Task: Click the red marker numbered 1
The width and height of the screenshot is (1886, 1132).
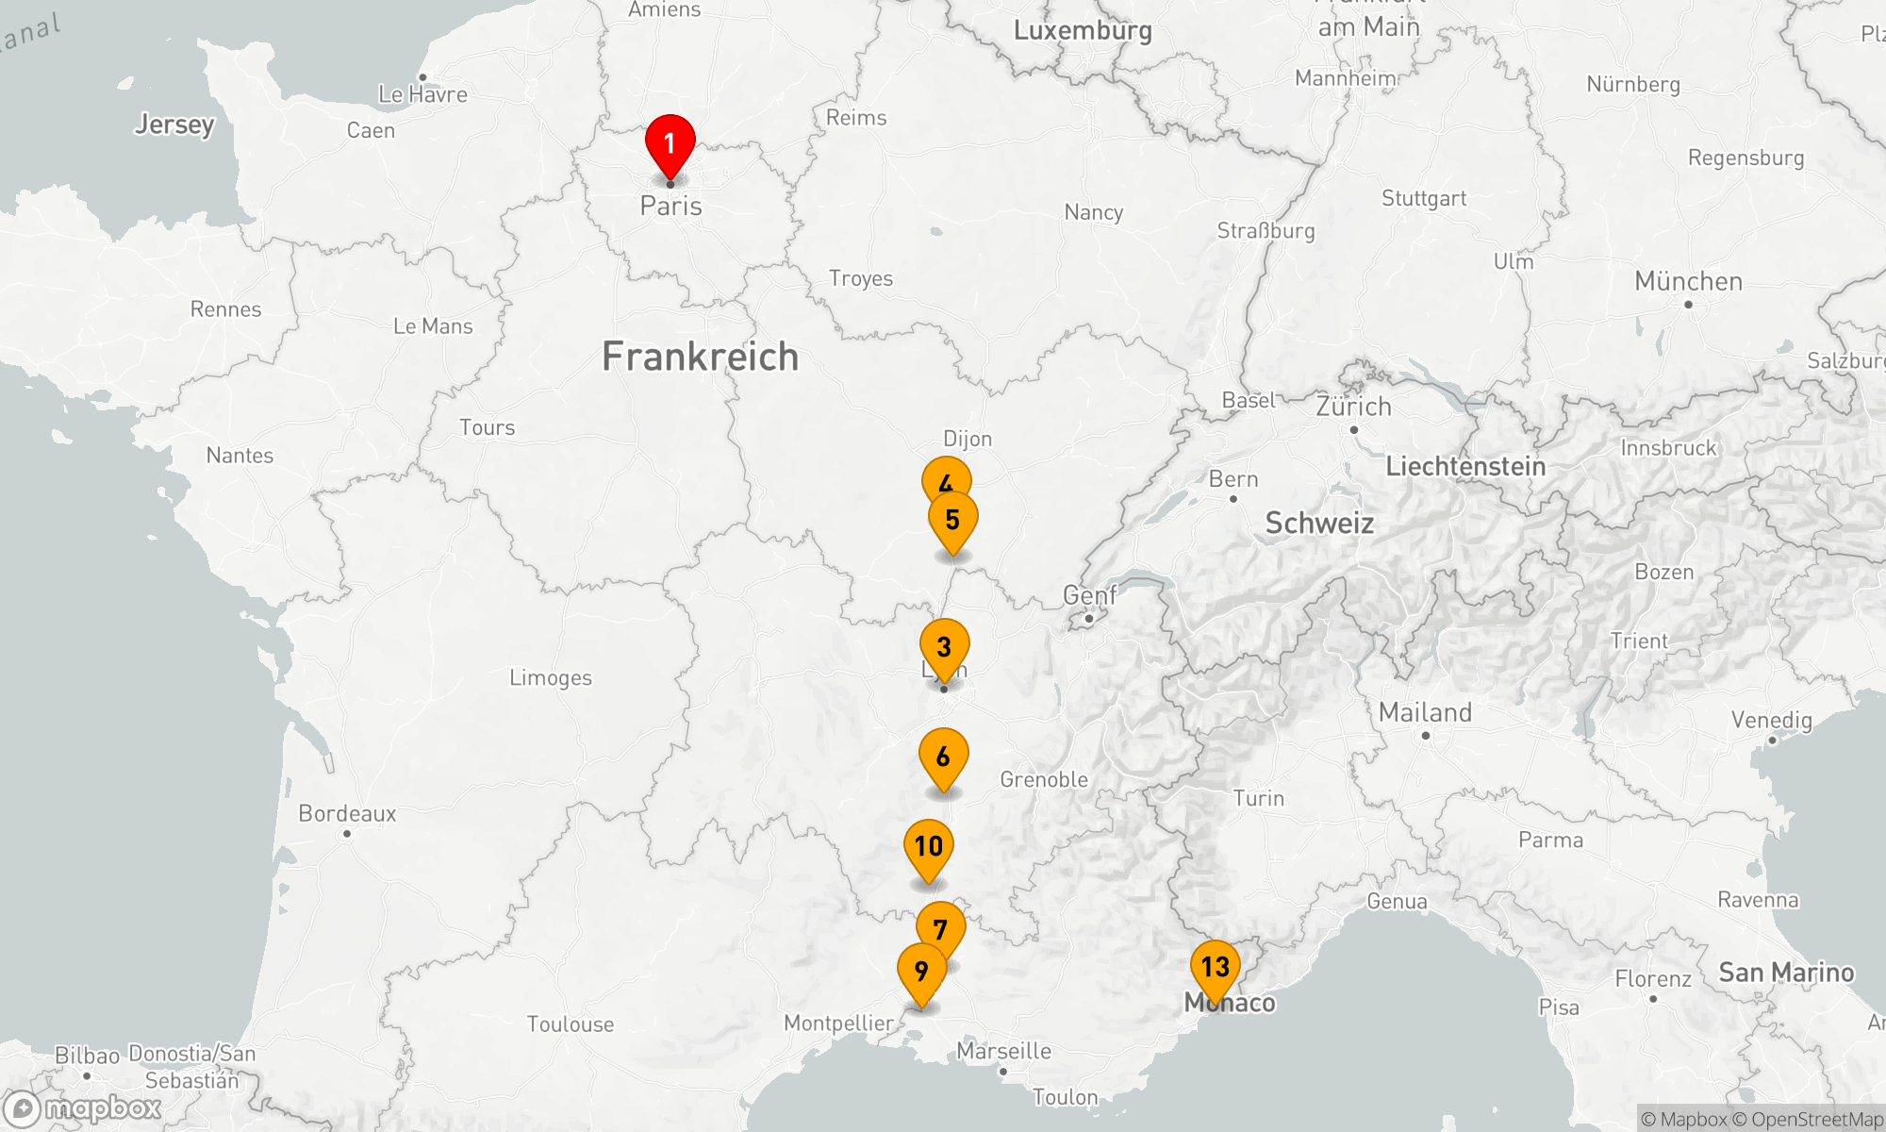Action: point(670,144)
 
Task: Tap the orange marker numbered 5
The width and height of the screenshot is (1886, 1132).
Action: point(952,520)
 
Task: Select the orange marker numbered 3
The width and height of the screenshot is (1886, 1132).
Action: point(944,647)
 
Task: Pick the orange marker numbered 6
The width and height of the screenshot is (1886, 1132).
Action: point(943,757)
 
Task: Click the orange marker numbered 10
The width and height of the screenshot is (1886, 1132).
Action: point(928,847)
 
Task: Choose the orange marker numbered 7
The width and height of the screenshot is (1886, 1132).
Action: point(941,928)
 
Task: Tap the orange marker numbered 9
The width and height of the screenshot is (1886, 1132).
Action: point(921,971)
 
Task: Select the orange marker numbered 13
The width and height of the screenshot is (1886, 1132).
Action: point(1215,967)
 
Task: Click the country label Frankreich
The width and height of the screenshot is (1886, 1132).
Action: point(700,357)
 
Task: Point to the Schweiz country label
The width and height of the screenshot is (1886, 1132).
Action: point(1319,524)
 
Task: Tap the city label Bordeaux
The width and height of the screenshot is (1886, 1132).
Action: point(347,814)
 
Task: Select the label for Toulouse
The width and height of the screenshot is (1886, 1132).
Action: point(571,1024)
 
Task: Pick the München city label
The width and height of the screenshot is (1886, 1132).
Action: point(1688,282)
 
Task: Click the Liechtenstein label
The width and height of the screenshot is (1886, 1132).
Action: point(1465,466)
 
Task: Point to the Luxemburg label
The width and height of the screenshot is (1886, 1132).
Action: point(1083,31)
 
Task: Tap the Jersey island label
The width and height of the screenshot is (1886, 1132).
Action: point(174,125)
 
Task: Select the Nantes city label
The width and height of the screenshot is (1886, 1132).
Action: point(240,456)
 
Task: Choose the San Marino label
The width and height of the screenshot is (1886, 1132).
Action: point(1786,973)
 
